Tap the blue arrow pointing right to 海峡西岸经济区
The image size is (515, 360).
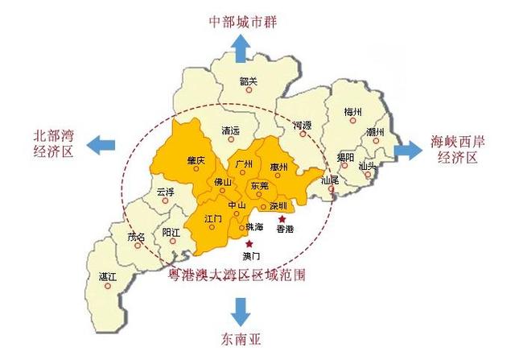click(x=410, y=149)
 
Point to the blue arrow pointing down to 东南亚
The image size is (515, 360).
click(x=240, y=311)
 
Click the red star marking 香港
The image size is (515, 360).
click(x=282, y=218)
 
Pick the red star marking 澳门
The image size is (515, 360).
click(x=250, y=243)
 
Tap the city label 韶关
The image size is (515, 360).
click(x=249, y=81)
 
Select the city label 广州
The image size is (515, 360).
click(x=245, y=163)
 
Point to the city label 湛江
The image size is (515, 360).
click(x=108, y=275)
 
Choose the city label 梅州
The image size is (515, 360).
click(x=352, y=111)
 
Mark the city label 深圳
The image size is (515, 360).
click(x=278, y=205)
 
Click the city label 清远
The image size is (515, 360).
click(x=231, y=130)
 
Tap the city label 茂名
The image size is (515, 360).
click(x=137, y=237)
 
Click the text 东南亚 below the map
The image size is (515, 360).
click(x=240, y=338)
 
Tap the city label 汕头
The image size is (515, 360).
click(x=368, y=166)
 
